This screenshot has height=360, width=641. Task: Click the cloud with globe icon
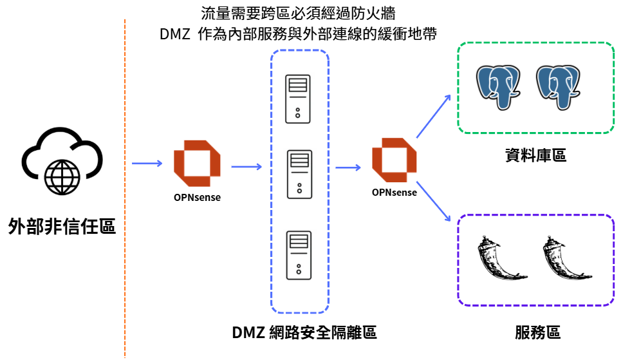62,161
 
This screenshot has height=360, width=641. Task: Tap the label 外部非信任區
62,226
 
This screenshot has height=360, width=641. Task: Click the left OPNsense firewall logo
197,163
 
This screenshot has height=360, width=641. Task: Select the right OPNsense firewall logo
395,160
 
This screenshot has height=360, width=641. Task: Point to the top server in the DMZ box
297,99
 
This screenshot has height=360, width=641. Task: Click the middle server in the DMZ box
299,175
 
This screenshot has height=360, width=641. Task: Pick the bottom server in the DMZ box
299,255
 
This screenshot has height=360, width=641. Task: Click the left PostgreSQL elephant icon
498,88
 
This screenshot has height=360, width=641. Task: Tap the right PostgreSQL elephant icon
559,88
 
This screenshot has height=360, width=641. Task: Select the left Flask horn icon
502,258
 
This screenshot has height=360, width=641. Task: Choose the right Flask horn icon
568,258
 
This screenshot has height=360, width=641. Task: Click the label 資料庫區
536,155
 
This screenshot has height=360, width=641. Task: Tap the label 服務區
537,332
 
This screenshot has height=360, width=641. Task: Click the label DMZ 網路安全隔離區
304,332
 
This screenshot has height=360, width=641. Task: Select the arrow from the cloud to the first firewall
147,163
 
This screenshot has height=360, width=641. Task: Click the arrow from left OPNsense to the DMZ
246,167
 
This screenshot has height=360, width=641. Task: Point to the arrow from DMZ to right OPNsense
348,167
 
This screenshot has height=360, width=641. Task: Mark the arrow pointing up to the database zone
434,116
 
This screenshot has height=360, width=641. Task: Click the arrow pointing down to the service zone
433,202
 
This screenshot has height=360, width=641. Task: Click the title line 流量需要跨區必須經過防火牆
299,14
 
